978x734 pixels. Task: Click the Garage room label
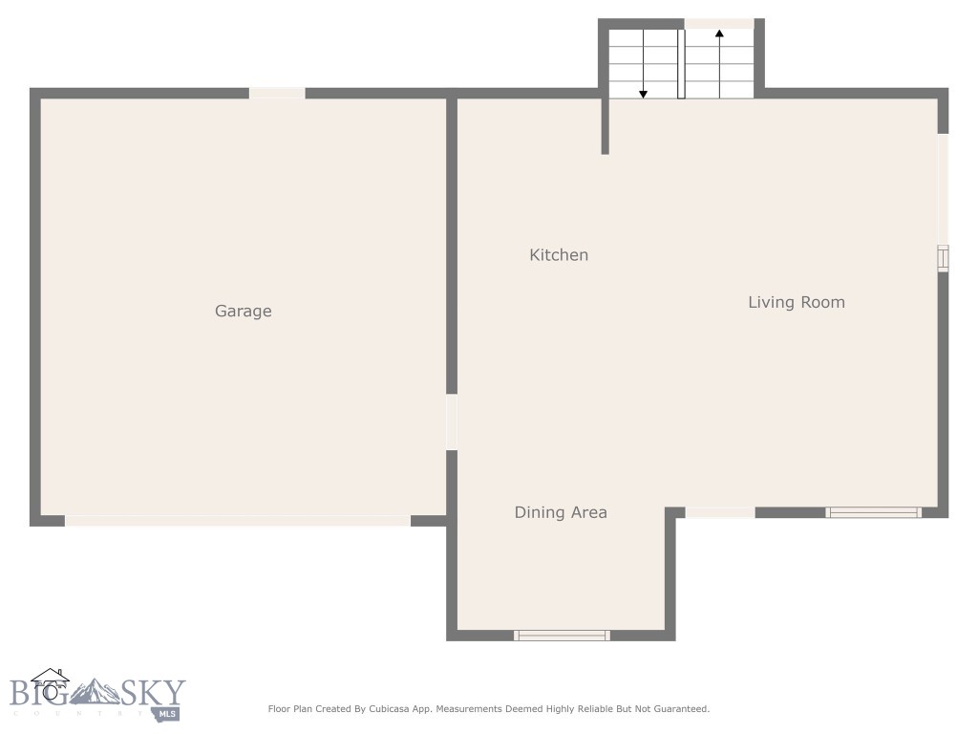[x=243, y=311]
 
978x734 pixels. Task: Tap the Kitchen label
[x=559, y=255]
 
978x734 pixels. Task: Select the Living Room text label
[x=796, y=302]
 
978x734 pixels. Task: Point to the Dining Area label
[x=561, y=512]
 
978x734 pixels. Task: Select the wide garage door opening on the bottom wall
[x=238, y=520]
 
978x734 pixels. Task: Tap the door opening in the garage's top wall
[x=277, y=93]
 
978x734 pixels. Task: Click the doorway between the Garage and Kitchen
[x=452, y=421]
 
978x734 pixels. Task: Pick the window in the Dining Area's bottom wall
[x=562, y=635]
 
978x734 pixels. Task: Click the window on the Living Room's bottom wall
[x=873, y=512]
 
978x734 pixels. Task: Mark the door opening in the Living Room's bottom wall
[x=720, y=512]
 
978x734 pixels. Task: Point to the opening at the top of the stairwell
[x=719, y=24]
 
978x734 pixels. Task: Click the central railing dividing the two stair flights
[x=681, y=64]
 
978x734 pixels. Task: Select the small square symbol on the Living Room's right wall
[x=943, y=258]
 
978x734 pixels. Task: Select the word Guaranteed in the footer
[x=676, y=709]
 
